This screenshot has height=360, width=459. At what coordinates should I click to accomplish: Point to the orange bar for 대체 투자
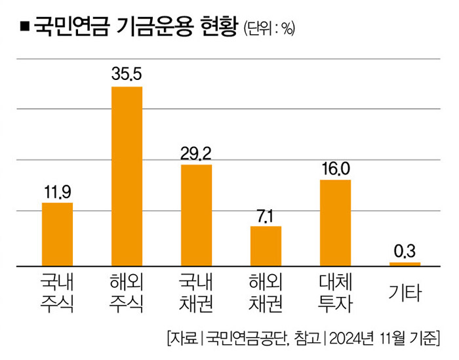[x=335, y=223]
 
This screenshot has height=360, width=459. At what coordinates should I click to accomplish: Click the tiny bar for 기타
[x=405, y=264]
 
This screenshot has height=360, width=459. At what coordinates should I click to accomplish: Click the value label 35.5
[x=127, y=73]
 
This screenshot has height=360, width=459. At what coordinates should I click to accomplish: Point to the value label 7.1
[x=266, y=216]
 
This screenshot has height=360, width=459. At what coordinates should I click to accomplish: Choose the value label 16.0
[x=335, y=169]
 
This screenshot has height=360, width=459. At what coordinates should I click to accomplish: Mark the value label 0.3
[x=405, y=252]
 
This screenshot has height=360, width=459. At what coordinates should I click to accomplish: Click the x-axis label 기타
[x=405, y=292]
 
